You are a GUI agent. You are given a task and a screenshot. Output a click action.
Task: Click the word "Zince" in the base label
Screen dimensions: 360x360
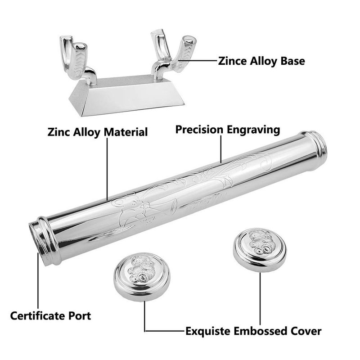232,61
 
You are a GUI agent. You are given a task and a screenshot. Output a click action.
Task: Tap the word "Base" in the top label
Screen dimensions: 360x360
293,61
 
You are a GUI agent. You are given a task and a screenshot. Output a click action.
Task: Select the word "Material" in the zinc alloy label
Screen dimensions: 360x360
126,132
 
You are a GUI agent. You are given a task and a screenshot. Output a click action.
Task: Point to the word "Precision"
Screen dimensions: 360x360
199,130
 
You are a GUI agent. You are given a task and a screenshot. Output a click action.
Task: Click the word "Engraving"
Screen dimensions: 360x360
253,130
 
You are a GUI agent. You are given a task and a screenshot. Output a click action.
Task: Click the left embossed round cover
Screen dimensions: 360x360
142,276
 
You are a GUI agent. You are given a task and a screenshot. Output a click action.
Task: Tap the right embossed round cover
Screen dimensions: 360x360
260,250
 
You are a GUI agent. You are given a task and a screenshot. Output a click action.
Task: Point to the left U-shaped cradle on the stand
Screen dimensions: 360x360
76,59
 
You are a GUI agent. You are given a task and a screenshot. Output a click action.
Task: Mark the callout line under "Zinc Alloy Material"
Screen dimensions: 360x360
107,169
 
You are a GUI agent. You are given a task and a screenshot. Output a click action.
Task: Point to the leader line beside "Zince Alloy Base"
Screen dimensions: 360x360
198,61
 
